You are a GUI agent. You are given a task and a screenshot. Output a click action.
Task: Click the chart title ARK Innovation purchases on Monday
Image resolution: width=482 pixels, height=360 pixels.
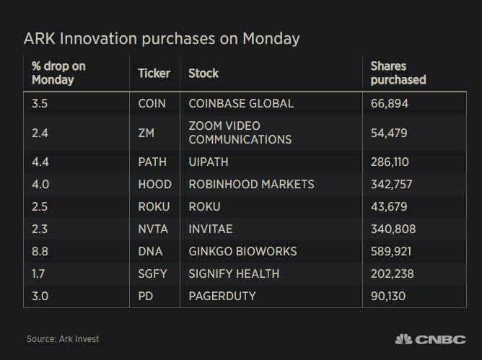pos(162,38)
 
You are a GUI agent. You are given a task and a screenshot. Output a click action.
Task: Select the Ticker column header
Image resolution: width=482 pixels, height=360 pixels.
pos(154,73)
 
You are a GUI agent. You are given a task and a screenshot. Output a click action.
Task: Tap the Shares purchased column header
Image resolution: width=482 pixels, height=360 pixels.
pos(398,73)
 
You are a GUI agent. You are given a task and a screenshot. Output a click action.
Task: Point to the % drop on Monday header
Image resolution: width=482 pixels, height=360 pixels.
pos(58,73)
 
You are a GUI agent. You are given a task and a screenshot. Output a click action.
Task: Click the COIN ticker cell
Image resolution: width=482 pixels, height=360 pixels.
pos(152,103)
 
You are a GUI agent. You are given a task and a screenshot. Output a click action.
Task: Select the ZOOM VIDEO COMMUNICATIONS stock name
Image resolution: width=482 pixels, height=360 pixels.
pos(240,132)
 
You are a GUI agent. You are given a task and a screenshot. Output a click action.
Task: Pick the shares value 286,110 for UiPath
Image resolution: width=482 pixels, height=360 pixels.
pos(390,162)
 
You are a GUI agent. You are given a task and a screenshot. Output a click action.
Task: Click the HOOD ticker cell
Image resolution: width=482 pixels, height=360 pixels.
pos(154,184)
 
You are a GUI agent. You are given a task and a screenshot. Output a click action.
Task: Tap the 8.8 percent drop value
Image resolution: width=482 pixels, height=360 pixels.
pos(40,251)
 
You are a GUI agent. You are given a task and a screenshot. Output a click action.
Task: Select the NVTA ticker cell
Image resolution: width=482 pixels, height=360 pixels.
pos(153,229)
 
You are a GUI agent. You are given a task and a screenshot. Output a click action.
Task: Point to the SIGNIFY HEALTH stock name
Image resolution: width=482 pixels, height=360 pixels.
pos(234,273)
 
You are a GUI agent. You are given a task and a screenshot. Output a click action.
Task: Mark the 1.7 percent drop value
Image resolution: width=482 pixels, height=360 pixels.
pos(40,273)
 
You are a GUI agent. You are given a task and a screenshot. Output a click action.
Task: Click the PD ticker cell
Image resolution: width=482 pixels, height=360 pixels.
pos(146,296)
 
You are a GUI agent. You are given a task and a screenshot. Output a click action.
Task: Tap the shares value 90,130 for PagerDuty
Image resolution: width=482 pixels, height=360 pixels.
pos(387,296)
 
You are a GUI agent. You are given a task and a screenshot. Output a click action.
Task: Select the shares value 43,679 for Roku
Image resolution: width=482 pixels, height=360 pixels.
pos(387,206)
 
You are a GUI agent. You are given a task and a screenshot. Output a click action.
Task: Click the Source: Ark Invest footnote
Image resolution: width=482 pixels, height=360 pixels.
pos(63,338)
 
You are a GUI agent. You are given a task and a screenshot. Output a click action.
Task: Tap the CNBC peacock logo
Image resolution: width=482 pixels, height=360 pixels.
pos(404,338)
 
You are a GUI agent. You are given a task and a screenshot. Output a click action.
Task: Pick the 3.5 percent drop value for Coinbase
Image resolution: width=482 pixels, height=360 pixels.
pos(40,103)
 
